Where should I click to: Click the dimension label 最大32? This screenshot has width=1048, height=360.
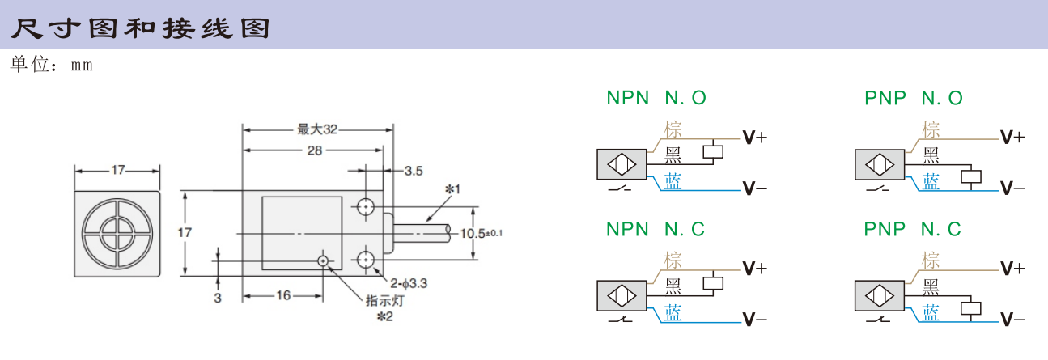[x=317, y=129]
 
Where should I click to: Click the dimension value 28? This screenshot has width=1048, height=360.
[x=314, y=150]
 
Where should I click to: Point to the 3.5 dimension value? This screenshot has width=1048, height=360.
[x=414, y=171]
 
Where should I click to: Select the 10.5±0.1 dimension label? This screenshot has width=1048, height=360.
[x=481, y=233]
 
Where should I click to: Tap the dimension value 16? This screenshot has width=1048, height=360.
[x=283, y=295]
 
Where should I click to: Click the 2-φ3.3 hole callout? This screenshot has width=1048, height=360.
[x=409, y=283]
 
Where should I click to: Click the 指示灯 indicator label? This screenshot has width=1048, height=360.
[x=384, y=301]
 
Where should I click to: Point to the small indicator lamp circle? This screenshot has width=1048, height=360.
[x=323, y=260]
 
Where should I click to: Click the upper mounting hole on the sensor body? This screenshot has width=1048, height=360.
[x=366, y=206]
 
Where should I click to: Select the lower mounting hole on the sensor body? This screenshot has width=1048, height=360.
[x=366, y=259]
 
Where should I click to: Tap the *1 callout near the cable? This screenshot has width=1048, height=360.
[x=452, y=189]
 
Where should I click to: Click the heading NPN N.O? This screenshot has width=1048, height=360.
[x=656, y=98]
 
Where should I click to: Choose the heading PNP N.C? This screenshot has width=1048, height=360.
[x=912, y=229]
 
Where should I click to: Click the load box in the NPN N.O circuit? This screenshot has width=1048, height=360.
[x=713, y=152]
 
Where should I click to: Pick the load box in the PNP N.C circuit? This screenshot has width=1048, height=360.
[x=971, y=308]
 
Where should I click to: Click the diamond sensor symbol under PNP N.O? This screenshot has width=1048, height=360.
[x=880, y=164]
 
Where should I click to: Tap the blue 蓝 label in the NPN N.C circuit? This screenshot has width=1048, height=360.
[x=673, y=313]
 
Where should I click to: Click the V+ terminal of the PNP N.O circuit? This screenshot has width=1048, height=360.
[x=1012, y=138]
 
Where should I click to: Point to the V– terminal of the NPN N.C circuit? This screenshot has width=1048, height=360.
[x=755, y=320]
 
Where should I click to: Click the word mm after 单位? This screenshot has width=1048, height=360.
[x=82, y=66]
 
